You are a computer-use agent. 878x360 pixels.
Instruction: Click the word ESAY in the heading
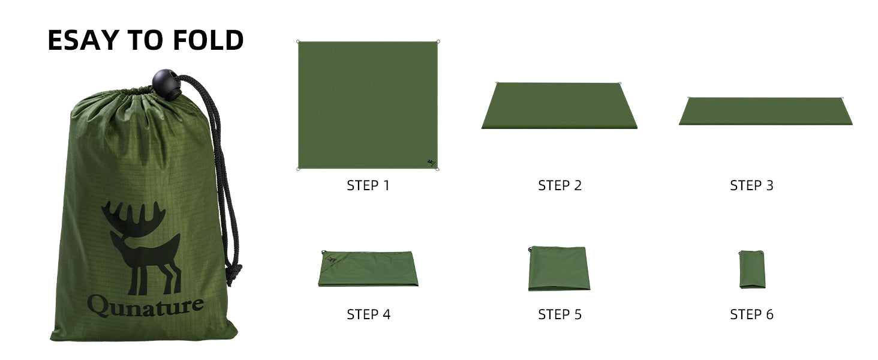pyautogui.click(x=83, y=40)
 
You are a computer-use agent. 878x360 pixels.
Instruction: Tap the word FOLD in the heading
pyautogui.click(x=208, y=40)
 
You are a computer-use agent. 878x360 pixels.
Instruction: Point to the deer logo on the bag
pyautogui.click(x=142, y=248)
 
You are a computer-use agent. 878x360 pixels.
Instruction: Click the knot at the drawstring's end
pyautogui.click(x=234, y=274)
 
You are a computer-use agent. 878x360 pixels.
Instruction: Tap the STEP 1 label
pyautogui.click(x=368, y=185)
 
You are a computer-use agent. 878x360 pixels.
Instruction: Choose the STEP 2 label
pyautogui.click(x=560, y=185)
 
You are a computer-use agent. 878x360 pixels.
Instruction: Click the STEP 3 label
pyautogui.click(x=751, y=185)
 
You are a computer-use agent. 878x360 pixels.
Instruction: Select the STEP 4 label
pyautogui.click(x=368, y=314)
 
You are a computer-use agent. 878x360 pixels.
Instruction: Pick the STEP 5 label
pyautogui.click(x=560, y=314)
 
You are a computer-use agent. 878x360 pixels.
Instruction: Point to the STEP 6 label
pyautogui.click(x=751, y=314)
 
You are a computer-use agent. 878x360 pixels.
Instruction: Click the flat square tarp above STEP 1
pyautogui.click(x=368, y=105)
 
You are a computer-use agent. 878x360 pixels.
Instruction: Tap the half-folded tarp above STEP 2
pyautogui.click(x=560, y=106)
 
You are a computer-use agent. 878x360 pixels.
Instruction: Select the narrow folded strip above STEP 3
pyautogui.click(x=765, y=111)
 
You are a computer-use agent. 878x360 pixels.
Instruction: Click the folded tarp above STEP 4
pyautogui.click(x=368, y=269)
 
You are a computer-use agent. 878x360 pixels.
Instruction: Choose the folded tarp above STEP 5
pyautogui.click(x=559, y=269)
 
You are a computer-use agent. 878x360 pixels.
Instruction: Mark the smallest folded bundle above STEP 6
pyautogui.click(x=752, y=269)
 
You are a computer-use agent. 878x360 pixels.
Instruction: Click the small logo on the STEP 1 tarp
pyautogui.click(x=431, y=163)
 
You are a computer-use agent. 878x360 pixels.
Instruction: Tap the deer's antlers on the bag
pyautogui.click(x=134, y=218)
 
